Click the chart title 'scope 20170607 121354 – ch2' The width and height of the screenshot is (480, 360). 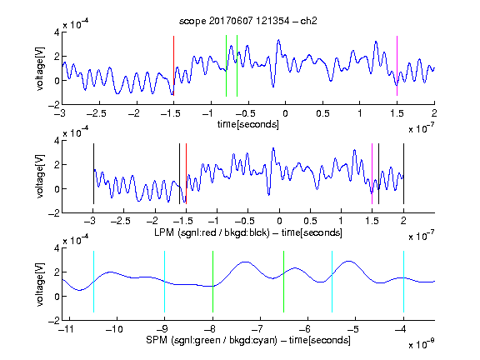pyautogui.click(x=248, y=21)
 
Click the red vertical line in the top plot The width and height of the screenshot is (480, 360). pyautogui.click(x=173, y=66)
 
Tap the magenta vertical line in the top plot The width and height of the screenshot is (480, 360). pyautogui.click(x=397, y=66)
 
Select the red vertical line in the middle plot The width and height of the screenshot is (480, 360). pyautogui.click(x=186, y=173)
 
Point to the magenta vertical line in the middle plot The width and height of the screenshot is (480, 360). pyautogui.click(x=372, y=173)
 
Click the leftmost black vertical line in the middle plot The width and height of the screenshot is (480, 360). pyautogui.click(x=93, y=173)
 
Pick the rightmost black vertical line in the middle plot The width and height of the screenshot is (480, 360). pyautogui.click(x=403, y=173)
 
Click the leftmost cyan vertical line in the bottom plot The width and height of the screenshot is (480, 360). pyautogui.click(x=93, y=282)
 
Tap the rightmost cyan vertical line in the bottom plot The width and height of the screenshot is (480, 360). pyautogui.click(x=403, y=282)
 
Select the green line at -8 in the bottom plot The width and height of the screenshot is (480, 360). pyautogui.click(x=212, y=282)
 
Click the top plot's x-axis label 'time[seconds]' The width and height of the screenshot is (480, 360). pyautogui.click(x=248, y=124)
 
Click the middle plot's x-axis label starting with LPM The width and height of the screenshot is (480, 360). pyautogui.click(x=248, y=232)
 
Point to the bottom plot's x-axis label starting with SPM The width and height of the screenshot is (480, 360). pyautogui.click(x=248, y=340)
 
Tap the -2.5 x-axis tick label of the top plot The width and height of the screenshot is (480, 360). pyautogui.click(x=96, y=113)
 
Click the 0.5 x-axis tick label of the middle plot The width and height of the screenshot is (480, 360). pyautogui.click(x=310, y=221)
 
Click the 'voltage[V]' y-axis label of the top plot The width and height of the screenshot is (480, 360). pyautogui.click(x=40, y=68)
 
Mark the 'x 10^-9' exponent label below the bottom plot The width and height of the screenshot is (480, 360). pyautogui.click(x=421, y=344)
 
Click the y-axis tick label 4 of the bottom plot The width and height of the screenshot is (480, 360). pyautogui.click(x=57, y=248)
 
